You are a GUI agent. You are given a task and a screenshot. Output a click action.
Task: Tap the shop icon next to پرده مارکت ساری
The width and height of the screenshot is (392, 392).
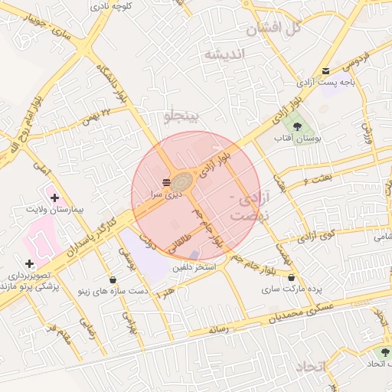(291, 277)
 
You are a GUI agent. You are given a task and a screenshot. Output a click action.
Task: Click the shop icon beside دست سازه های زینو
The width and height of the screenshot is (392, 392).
(113, 279)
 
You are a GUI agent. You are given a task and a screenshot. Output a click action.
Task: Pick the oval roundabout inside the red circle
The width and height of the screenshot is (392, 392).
(182, 183)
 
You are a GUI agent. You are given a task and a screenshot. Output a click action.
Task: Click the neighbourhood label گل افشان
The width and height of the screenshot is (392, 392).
(272, 29)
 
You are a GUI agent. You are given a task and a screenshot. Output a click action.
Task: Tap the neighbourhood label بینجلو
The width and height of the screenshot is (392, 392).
(181, 116)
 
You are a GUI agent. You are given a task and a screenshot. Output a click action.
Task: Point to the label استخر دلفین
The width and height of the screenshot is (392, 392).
(194, 267)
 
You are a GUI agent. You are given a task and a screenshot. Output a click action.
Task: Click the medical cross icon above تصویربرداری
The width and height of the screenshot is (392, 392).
(29, 263)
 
